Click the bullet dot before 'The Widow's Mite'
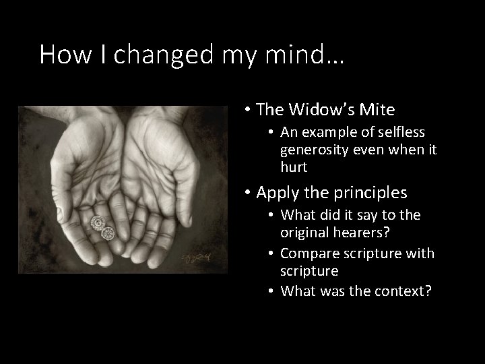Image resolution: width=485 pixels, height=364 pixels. pos(249,110)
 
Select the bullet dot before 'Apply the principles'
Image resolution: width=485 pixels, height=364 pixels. pos(249,193)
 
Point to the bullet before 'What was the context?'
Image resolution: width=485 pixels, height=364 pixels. pos(272,291)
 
